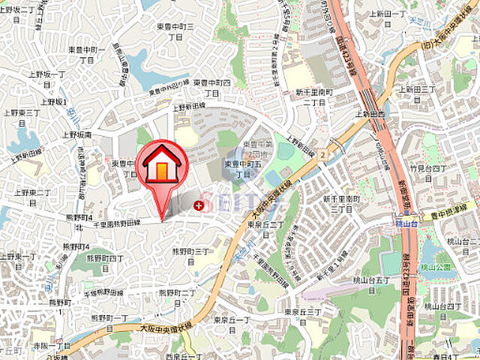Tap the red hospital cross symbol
coord(198,205)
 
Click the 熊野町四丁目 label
coord(97,257)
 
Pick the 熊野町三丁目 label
coord(190,252)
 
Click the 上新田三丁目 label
coord(418,93)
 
